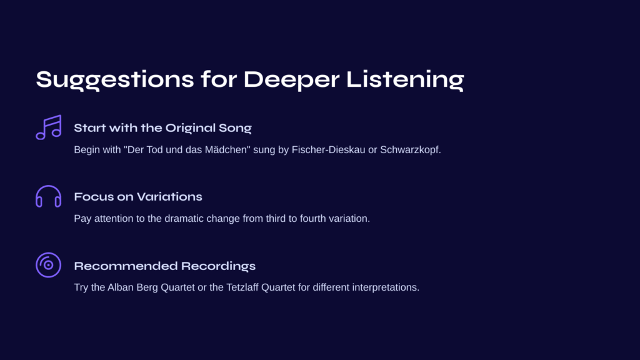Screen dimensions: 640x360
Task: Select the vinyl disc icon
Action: click(49, 253)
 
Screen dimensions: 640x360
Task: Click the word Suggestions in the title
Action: click(115, 80)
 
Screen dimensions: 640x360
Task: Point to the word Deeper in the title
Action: click(291, 80)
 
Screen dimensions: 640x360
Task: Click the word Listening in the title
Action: click(405, 80)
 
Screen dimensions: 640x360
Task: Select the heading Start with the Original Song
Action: click(163, 128)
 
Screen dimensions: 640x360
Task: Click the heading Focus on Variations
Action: click(138, 197)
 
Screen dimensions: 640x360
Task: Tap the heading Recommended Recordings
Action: click(165, 266)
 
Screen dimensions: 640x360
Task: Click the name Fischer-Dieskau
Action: click(328, 150)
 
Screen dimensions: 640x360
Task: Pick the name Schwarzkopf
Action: click(411, 150)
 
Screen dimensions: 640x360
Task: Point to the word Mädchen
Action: click(227, 150)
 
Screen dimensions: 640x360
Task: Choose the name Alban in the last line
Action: click(121, 287)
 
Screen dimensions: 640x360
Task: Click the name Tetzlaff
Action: click(242, 287)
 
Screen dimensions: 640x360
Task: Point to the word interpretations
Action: click(386, 287)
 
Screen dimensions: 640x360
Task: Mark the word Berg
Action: click(147, 287)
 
